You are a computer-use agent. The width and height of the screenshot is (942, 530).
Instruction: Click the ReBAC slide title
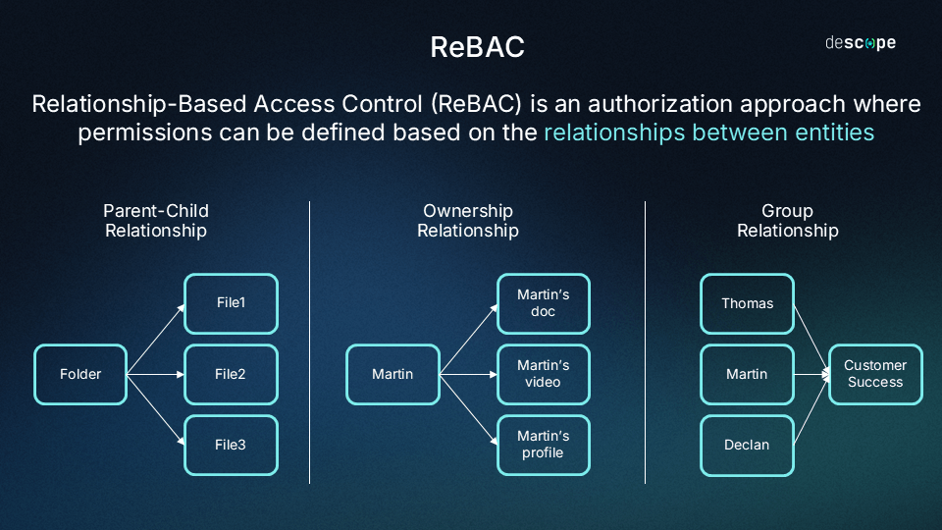click(478, 47)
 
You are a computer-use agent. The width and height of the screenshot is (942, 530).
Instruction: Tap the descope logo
click(861, 42)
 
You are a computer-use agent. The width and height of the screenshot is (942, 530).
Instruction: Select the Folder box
click(80, 374)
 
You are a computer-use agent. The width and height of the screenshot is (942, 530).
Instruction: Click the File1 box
click(232, 303)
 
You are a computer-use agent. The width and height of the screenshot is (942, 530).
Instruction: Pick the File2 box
click(232, 374)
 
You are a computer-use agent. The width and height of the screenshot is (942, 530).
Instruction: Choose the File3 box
click(232, 446)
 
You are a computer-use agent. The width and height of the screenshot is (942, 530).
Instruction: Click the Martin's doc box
click(544, 303)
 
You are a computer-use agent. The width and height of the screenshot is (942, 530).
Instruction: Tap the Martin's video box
click(544, 374)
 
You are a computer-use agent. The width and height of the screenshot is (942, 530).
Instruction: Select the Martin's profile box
click(544, 446)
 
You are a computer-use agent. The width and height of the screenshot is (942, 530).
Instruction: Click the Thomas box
click(748, 303)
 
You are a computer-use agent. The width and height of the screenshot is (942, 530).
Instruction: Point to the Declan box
click(748, 446)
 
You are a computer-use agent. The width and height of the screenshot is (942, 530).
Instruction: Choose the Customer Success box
click(876, 374)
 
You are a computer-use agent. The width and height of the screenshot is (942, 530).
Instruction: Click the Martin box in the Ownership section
click(392, 374)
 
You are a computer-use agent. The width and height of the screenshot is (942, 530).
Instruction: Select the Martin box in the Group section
click(748, 374)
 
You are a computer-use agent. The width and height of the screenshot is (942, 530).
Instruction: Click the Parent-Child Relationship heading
click(156, 221)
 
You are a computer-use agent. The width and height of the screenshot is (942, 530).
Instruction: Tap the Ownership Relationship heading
click(468, 221)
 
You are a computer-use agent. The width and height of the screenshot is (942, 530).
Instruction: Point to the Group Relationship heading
click(788, 221)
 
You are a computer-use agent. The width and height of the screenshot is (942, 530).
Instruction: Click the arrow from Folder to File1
click(156, 340)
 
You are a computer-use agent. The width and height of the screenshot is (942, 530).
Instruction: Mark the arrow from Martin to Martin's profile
click(469, 410)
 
